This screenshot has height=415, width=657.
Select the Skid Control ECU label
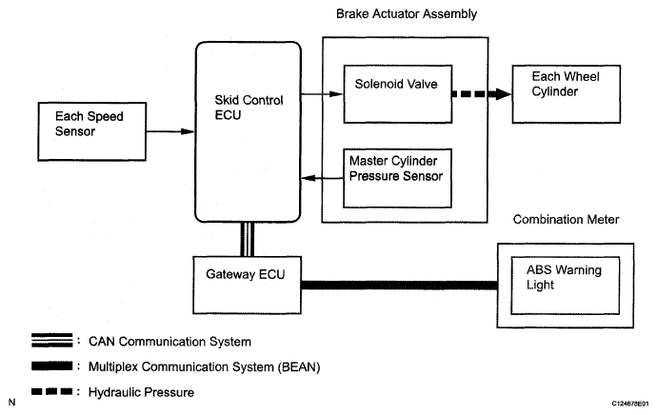(249, 108)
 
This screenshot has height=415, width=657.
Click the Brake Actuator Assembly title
(407, 14)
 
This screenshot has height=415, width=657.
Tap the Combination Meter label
(566, 220)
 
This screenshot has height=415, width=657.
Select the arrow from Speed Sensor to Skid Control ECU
(170, 131)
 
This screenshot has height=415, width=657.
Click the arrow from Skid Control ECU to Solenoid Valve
(322, 94)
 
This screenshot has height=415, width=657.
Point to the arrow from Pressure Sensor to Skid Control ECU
(322, 178)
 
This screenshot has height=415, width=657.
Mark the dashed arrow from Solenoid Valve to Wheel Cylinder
(482, 94)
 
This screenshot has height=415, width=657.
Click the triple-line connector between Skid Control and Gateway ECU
(248, 239)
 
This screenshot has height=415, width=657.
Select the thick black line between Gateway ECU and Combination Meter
(399, 286)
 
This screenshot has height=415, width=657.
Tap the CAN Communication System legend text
(169, 342)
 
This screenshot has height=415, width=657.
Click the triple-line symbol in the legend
(52, 340)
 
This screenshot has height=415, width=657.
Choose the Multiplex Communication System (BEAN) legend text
(204, 366)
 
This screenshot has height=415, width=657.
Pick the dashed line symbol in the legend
(52, 391)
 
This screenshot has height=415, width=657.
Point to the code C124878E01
(629, 404)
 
